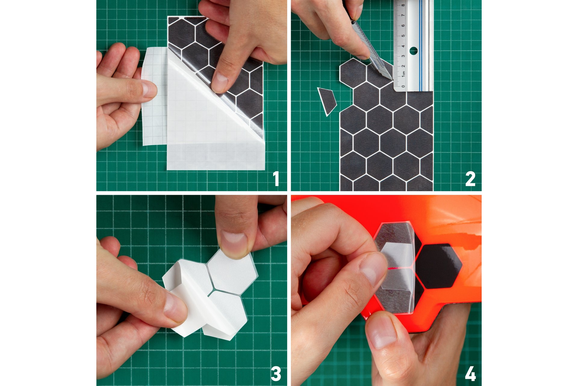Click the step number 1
(275, 179)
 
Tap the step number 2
(470, 179)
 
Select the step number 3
(276, 374)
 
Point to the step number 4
(470, 374)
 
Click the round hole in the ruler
(414, 51)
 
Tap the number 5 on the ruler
(403, 36)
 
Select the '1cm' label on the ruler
(403, 74)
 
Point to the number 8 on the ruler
(403, 5)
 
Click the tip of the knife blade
(392, 79)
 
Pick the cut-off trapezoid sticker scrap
(327, 101)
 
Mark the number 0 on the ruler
(403, 86)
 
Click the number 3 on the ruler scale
(403, 56)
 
